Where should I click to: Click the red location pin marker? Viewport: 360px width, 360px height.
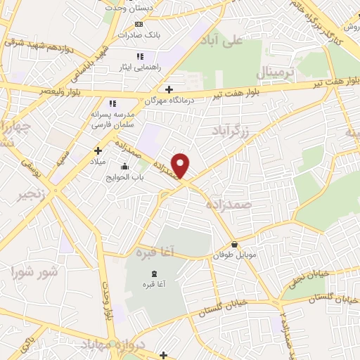point(181,166)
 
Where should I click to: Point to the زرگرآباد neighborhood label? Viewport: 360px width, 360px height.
point(232,130)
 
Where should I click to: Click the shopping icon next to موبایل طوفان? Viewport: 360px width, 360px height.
point(233,245)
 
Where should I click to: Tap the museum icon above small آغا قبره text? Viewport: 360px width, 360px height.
point(154,274)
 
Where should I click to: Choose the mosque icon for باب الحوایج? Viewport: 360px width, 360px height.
point(124,167)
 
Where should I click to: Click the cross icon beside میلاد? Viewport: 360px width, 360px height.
point(98,150)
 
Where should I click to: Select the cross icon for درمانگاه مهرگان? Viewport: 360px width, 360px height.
point(168,89)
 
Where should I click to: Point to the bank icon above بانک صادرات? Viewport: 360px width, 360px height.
point(139,23)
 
